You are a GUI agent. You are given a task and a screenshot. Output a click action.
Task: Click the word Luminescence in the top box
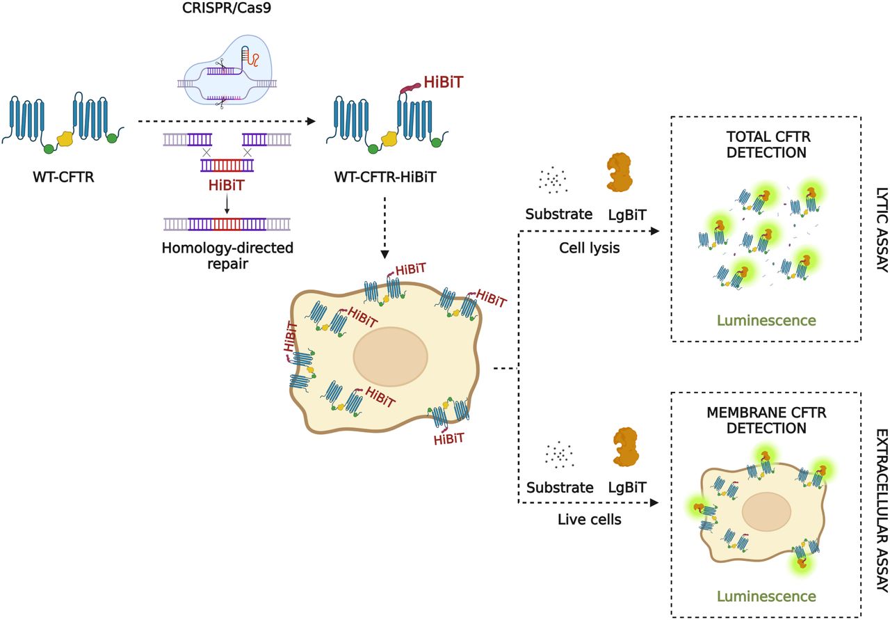coord(766,320)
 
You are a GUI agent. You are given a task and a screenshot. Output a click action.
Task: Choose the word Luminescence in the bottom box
coord(766,596)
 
